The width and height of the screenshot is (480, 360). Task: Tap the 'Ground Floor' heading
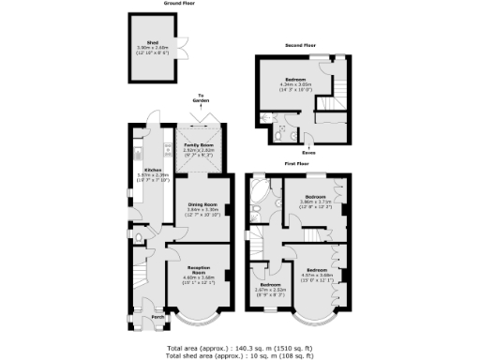point(157,4)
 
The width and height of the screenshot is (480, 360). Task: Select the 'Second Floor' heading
point(302,45)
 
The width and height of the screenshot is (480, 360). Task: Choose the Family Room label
point(198,145)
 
